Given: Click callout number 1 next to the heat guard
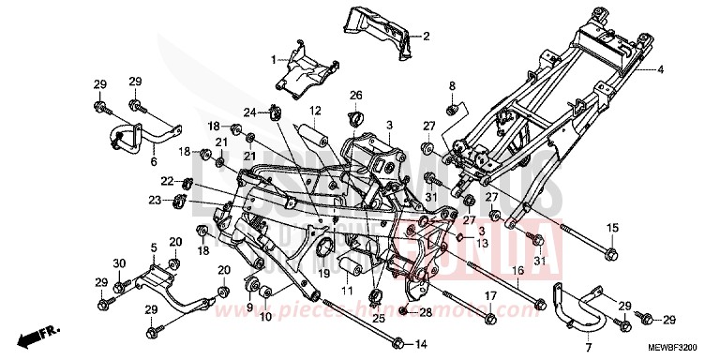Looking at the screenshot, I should click(274, 60).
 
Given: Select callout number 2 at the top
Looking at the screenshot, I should click(426, 37).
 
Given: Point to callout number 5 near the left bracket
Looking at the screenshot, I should click(152, 247).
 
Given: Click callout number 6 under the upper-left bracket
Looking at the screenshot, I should click(153, 161).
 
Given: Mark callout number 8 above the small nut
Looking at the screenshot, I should click(451, 86).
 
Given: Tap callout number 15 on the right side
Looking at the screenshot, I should click(611, 228).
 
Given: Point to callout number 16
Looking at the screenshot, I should click(516, 269).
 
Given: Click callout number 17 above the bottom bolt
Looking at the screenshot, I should click(489, 297).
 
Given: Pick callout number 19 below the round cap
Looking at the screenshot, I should click(324, 274).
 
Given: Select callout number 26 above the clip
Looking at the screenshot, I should click(355, 96).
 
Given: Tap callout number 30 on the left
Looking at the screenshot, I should click(119, 262).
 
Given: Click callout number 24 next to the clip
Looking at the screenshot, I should click(249, 113).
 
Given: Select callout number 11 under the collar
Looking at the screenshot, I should click(348, 292).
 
